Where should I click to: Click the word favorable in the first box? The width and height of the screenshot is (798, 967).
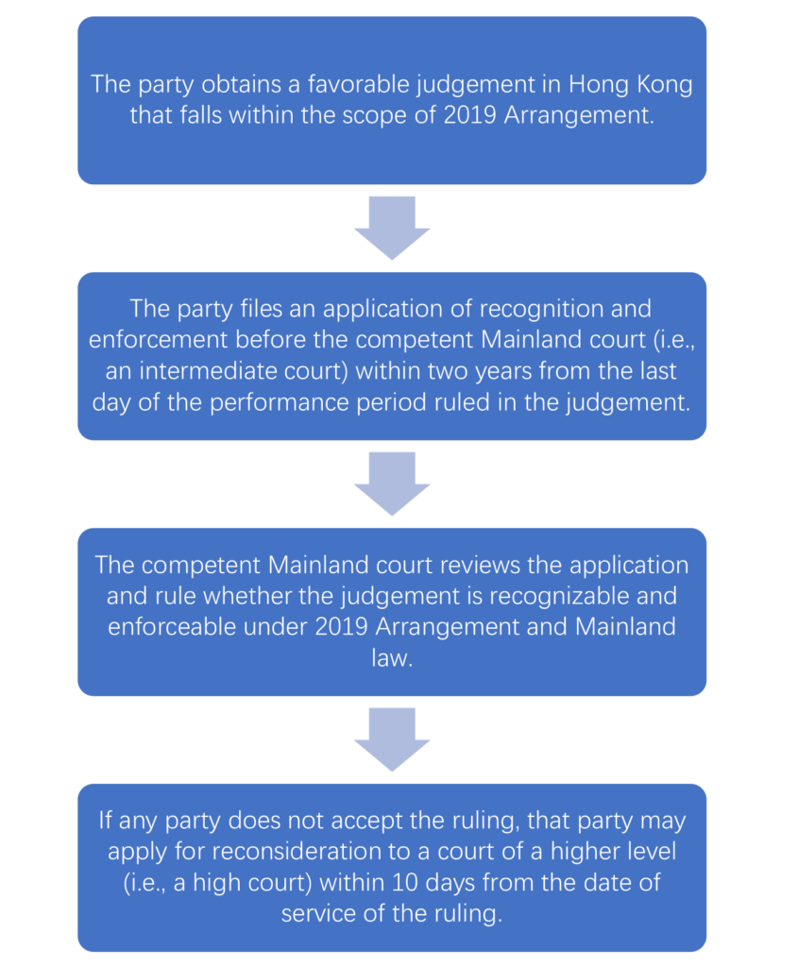tap(359, 84)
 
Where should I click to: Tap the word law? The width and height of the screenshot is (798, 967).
tap(392, 658)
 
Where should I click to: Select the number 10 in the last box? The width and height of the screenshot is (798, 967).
tap(405, 883)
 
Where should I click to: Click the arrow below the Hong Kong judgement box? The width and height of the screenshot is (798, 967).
tap(392, 228)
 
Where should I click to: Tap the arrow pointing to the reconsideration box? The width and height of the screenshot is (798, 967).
tap(392, 739)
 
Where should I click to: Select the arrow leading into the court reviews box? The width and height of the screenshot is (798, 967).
tap(392, 483)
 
